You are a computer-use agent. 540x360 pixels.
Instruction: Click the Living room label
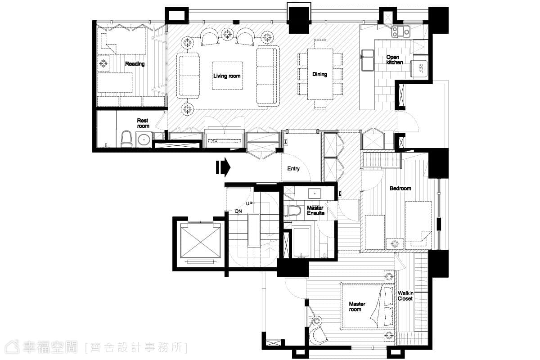pos(227,76)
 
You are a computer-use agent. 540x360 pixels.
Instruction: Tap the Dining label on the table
pos(319,74)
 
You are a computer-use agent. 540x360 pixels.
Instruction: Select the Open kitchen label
pos(394,59)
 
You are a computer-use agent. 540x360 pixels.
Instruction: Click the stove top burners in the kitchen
pos(400,31)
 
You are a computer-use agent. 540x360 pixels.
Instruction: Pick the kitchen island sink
pos(367,60)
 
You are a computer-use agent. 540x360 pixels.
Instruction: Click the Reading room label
pos(135,63)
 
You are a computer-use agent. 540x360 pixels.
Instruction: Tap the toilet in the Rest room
pos(126,139)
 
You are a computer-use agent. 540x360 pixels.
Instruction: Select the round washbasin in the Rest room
pos(144,139)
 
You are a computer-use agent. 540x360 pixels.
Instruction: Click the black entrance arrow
pos(223,167)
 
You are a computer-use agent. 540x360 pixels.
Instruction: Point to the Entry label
pos(293,169)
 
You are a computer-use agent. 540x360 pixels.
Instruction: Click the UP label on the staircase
pos(249,203)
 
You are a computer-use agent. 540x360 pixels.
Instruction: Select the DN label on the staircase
pos(238,211)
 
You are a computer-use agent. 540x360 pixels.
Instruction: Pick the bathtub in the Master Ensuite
pos(301,242)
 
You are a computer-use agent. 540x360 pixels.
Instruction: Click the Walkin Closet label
pos(405,296)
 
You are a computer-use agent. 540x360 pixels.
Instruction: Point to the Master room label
pos(357,306)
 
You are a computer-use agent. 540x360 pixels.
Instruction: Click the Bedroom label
pos(400,188)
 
